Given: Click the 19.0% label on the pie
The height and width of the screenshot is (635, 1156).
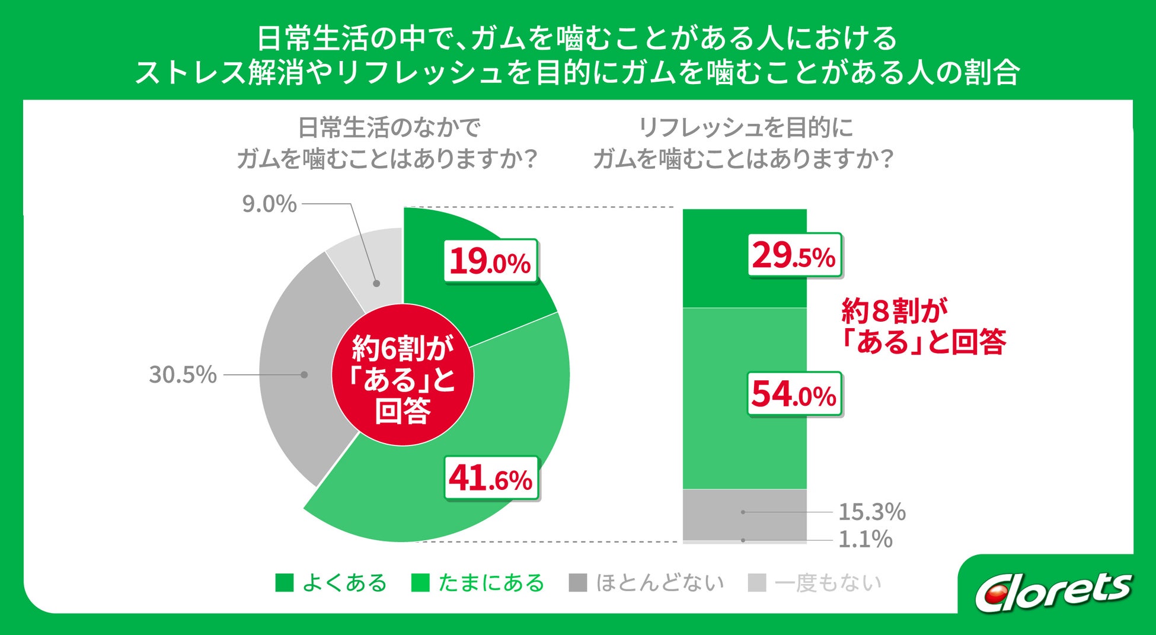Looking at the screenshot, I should point(491,261).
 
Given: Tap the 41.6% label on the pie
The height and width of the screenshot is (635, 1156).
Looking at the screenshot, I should point(491,479).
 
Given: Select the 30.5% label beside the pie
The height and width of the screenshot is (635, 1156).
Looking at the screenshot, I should point(183,374).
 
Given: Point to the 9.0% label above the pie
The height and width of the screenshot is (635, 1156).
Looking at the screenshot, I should point(269,204).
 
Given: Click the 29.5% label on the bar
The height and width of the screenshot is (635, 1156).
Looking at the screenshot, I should point(794,256).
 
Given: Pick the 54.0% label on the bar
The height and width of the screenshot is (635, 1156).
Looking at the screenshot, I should point(794,395).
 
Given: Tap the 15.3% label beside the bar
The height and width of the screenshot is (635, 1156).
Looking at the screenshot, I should point(872,512).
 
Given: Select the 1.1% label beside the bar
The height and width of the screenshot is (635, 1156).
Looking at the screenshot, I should point(866,540).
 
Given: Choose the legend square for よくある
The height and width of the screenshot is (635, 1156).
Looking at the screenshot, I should point(285,583).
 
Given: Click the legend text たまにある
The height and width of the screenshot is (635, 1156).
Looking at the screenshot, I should point(491,583).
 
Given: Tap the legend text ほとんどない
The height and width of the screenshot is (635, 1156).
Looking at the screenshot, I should point(659,583).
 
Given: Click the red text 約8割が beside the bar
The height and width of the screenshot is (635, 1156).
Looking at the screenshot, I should point(894,311).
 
